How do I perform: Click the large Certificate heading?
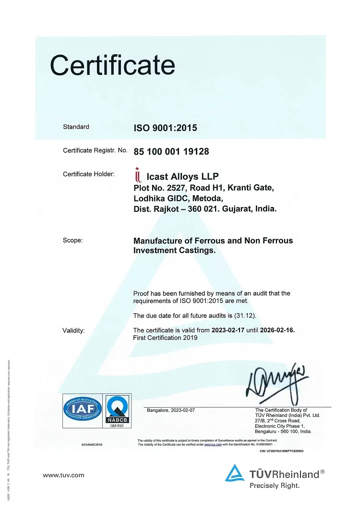pos(113,65)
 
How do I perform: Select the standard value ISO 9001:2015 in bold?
pos(165,128)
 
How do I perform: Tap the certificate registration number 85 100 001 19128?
pos(171,152)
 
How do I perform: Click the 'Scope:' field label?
pos(72,240)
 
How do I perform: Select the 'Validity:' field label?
pos(73,330)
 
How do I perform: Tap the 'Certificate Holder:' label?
pos(89,174)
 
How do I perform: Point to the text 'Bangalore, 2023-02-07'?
pos(170,410)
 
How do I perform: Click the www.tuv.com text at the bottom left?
pos(63,475)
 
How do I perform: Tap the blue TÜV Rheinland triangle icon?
pos(235,473)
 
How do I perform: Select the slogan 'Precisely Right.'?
pos(275,485)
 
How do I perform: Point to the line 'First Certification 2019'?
pos(165,338)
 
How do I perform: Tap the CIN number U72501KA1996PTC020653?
pos(282,451)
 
